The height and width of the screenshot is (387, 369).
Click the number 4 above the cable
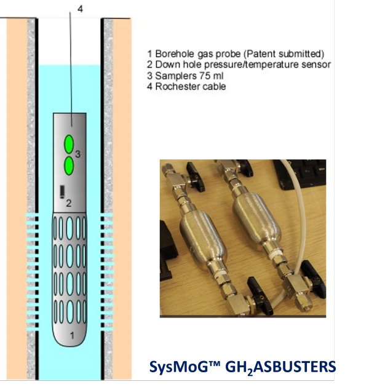pos(80,8)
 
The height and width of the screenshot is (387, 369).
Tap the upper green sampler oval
pos(69,144)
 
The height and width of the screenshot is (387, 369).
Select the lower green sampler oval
pos(69,165)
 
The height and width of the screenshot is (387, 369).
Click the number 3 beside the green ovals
pos(78,154)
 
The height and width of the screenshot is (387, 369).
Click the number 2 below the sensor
pos(69,202)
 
